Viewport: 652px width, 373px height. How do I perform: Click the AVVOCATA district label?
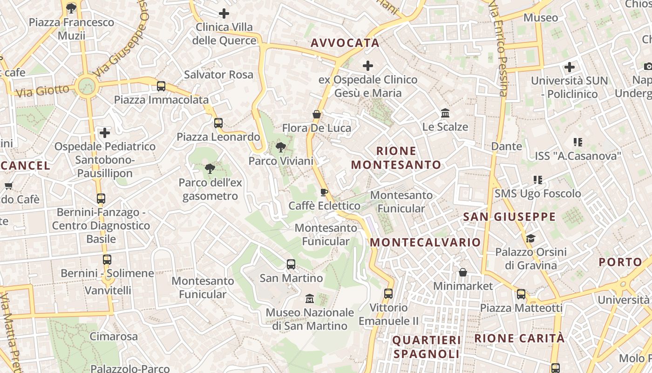point(345,43)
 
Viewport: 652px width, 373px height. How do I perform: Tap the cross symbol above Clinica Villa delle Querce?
point(224,14)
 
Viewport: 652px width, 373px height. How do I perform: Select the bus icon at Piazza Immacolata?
point(161,86)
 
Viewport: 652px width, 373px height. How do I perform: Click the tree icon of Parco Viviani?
point(280,148)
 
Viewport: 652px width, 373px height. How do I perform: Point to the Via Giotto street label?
point(42,90)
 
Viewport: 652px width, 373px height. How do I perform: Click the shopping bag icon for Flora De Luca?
point(317,114)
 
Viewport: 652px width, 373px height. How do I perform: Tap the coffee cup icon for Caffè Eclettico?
point(324,192)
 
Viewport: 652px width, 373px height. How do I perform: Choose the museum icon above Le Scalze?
point(445,113)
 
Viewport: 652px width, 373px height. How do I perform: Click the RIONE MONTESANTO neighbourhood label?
point(396,158)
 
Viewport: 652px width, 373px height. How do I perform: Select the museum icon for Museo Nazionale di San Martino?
point(309,298)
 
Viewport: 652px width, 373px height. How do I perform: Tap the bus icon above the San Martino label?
point(291,264)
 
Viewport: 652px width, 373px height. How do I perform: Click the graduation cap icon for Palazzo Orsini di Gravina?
point(530,239)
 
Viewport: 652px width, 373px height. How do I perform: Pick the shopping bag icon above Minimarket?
point(463,272)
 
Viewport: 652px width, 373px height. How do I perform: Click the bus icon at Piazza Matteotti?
point(521,294)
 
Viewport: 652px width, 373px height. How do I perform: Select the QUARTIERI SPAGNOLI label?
point(427,347)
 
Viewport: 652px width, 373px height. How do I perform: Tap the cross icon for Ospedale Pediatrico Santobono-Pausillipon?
point(105,133)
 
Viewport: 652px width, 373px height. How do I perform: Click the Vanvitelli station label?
point(108,290)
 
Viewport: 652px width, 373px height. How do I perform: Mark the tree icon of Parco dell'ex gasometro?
point(210,168)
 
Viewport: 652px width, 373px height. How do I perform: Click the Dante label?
point(507,146)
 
